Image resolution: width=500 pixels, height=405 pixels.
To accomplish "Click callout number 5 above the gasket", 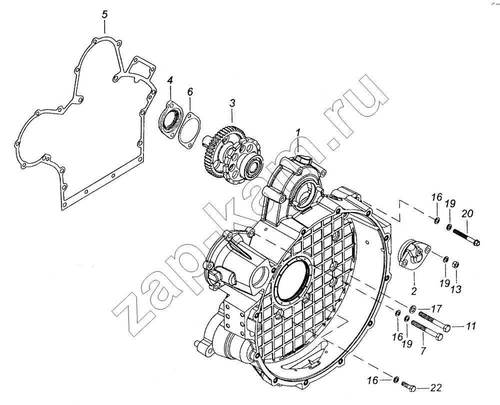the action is click(105, 15).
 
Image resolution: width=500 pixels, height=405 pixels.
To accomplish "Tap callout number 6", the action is click(190, 92).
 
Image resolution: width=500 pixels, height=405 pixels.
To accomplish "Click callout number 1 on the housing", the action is click(298, 132).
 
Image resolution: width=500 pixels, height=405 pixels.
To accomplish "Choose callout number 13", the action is click(456, 289).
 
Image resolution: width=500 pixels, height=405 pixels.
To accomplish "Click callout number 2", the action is click(414, 291).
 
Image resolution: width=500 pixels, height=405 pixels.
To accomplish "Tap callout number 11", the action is click(470, 326).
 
